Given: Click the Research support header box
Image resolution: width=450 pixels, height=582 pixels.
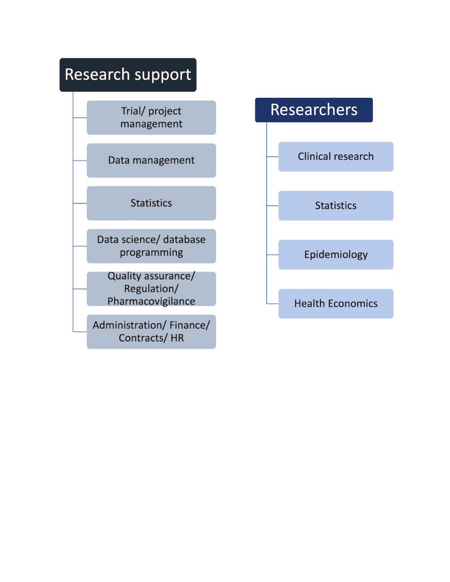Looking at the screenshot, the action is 128,75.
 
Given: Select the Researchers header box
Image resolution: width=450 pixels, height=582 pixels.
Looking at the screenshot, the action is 313,110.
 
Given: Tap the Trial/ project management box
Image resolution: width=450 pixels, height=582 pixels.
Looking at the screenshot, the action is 151,117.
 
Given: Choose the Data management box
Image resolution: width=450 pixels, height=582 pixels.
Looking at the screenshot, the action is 151,160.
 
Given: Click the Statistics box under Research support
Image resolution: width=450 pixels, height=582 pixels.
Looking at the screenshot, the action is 151,203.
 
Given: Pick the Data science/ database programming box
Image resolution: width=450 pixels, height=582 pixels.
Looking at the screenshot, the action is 151,246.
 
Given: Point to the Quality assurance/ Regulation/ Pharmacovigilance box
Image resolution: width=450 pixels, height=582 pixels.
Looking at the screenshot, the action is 151,289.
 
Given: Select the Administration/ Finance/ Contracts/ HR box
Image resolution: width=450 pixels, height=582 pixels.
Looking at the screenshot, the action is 151,332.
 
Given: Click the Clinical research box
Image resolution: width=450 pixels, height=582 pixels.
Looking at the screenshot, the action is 336,157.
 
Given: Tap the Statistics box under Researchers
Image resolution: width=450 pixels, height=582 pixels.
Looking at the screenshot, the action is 336,206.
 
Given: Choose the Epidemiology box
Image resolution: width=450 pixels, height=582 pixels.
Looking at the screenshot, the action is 336,255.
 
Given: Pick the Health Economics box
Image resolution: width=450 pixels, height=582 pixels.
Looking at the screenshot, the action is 336,304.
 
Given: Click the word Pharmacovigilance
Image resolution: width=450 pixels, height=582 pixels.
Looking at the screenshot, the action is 151,302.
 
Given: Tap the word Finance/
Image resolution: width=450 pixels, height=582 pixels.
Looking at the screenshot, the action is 190,325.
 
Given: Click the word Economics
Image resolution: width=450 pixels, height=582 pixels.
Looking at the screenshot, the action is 353,304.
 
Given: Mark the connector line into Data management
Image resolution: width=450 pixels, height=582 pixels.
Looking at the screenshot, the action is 80,160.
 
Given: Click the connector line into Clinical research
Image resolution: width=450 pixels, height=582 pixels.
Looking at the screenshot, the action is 272,157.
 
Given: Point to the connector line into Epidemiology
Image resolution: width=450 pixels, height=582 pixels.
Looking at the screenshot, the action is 272,255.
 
